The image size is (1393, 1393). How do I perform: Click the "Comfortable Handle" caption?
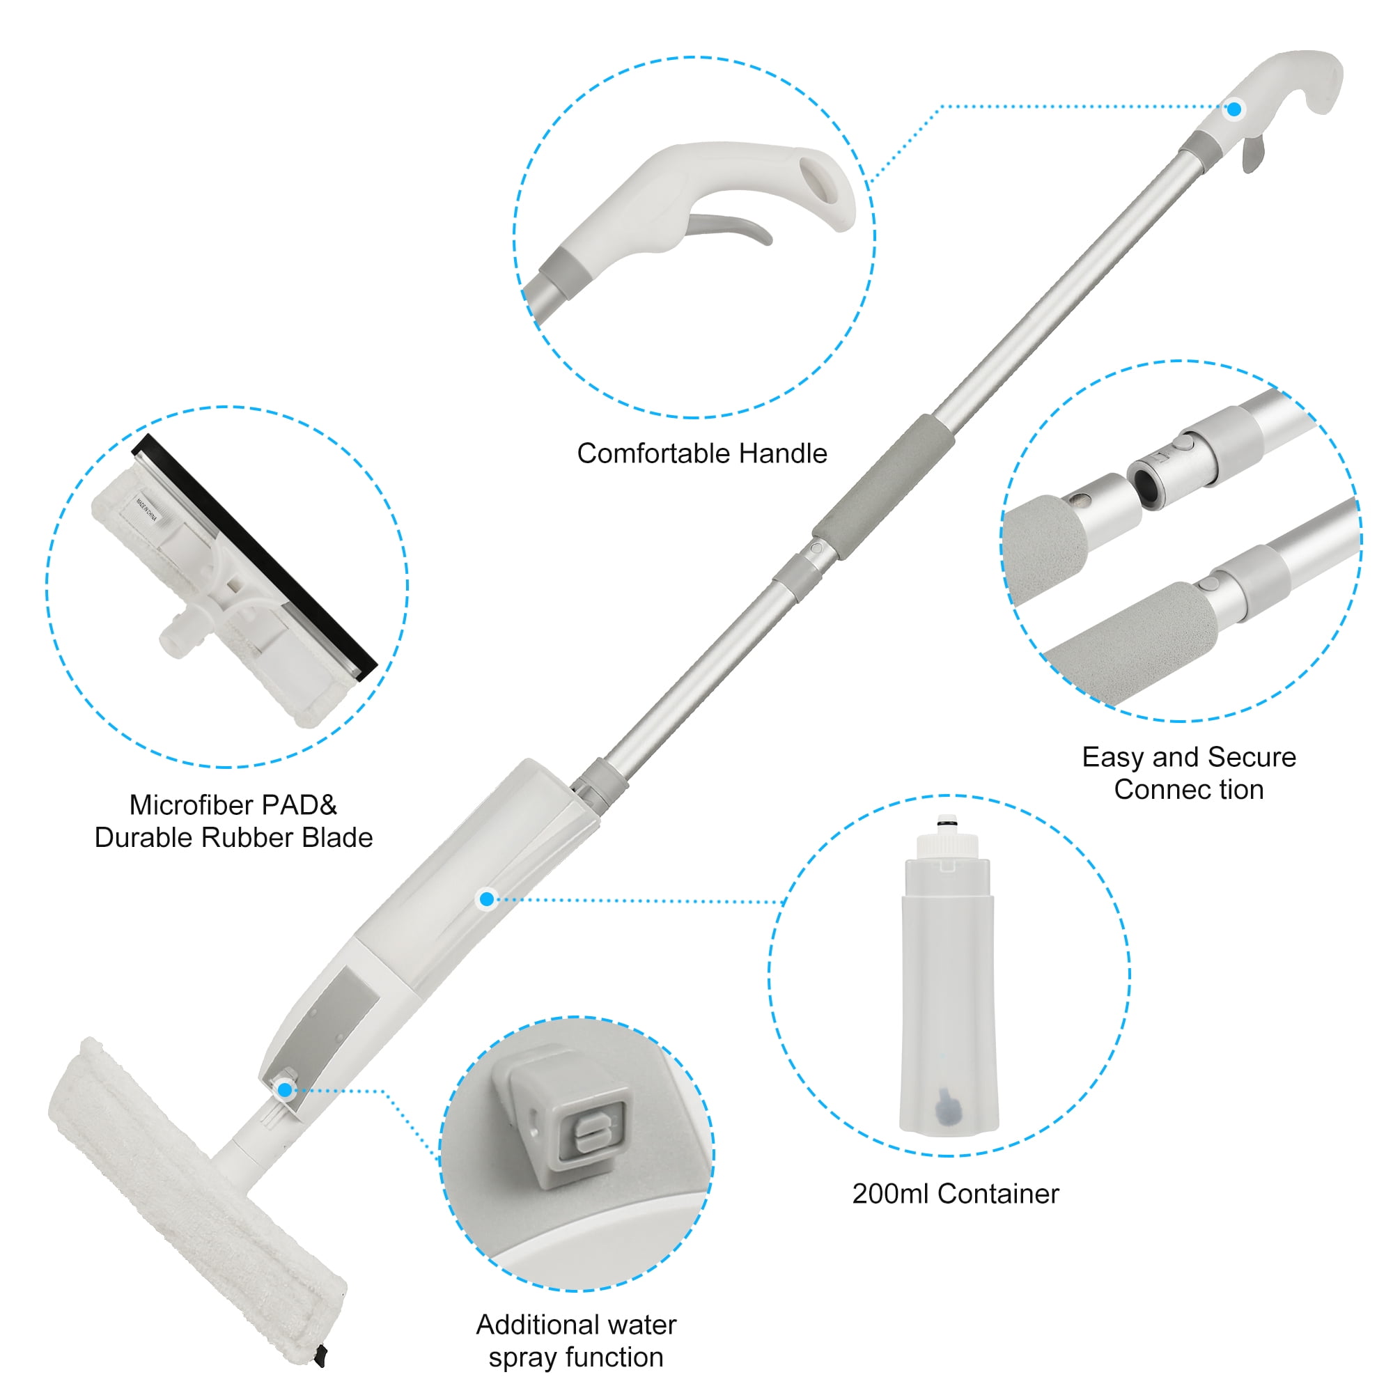pyautogui.click(x=701, y=453)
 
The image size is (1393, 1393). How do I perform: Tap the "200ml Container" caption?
pyautogui.click(x=956, y=1193)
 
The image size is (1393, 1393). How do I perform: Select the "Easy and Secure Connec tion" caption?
pyautogui.click(x=1189, y=773)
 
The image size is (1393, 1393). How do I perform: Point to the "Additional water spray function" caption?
pyautogui.click(x=576, y=1340)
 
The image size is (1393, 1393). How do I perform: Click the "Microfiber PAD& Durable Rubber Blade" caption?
pyautogui.click(x=233, y=821)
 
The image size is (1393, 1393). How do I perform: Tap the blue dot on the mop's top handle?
pyautogui.click(x=1234, y=109)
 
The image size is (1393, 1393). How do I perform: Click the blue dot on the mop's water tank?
pyautogui.click(x=488, y=898)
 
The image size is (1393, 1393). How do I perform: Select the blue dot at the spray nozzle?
pyautogui.click(x=286, y=1089)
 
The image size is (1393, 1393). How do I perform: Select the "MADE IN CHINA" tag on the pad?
pyautogui.click(x=147, y=508)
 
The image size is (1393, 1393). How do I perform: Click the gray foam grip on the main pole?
pyautogui.click(x=883, y=488)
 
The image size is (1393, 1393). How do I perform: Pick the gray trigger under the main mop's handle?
pyautogui.click(x=1253, y=152)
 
